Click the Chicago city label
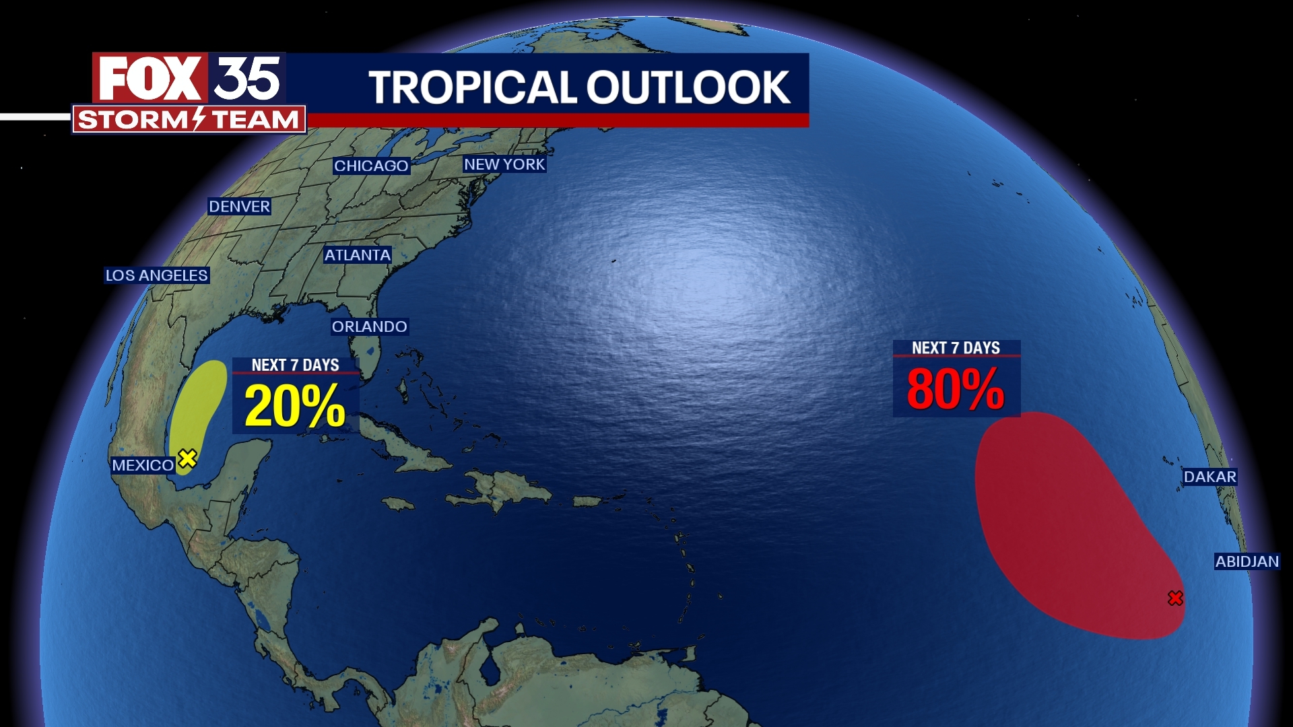[371, 166]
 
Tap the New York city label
[504, 164]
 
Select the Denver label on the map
[239, 207]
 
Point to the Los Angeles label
[157, 275]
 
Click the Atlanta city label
[357, 255]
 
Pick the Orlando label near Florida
[369, 326]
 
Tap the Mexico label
[143, 465]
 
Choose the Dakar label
[1209, 477]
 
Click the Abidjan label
[1247, 561]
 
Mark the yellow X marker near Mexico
[187, 458]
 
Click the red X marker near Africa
[1175, 598]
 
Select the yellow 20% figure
[295, 406]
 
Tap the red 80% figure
[956, 388]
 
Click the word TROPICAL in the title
[472, 88]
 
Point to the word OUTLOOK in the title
[688, 88]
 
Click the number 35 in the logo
[247, 78]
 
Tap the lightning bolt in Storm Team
[199, 119]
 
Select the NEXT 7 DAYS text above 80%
[956, 348]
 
